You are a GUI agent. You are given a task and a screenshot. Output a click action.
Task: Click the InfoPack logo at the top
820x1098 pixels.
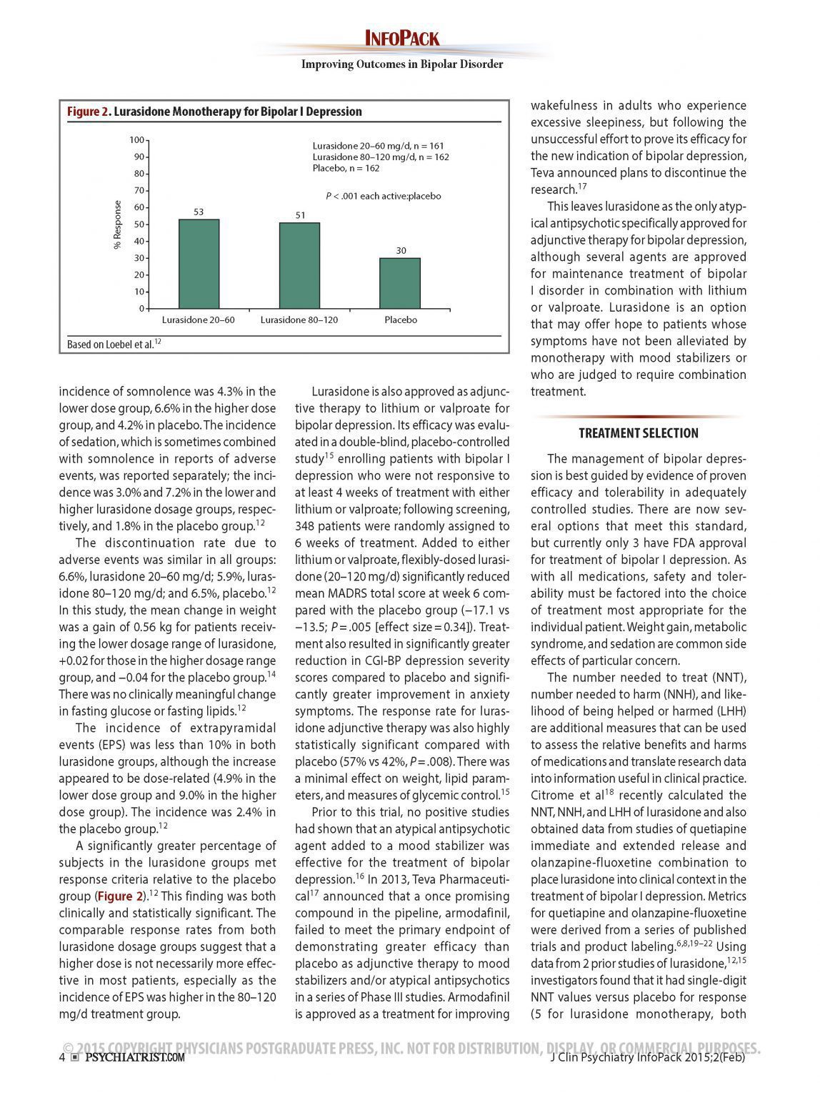pos(402,39)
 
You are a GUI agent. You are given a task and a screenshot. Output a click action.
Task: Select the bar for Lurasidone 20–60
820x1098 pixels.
pos(199,264)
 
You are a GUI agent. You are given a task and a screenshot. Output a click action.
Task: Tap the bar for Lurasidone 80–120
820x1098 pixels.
pos(299,266)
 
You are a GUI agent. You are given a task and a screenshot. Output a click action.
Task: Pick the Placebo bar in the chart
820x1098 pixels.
pos(400,284)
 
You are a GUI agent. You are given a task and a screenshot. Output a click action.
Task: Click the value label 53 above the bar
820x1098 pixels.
pos(199,212)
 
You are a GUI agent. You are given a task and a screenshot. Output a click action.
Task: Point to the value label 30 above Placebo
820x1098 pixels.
pos(401,250)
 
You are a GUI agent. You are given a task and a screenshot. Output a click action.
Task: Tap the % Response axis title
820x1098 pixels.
pos(118,224)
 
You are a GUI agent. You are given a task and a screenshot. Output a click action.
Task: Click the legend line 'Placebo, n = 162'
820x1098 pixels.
pos(346,168)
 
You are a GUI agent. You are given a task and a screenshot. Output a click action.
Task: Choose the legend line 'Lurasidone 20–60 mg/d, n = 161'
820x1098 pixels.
pos(379,146)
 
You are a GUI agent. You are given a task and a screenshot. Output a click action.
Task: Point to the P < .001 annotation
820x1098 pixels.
pos(384,196)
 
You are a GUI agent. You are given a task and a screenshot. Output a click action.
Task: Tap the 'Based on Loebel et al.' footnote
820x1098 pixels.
pos(113,345)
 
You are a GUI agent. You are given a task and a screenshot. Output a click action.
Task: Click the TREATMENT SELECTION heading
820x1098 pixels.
pos(639,433)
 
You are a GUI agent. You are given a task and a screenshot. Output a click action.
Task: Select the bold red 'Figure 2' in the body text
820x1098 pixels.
pos(120,896)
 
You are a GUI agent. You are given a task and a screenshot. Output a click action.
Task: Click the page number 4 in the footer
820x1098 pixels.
pos(62,1057)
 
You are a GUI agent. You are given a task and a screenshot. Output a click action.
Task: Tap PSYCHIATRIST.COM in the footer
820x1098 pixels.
pos(134,1057)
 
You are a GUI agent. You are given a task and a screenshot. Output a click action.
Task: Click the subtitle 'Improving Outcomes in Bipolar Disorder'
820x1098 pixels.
pos(402,64)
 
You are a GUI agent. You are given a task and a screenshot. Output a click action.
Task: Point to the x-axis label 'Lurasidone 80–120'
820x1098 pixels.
pos(299,320)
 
